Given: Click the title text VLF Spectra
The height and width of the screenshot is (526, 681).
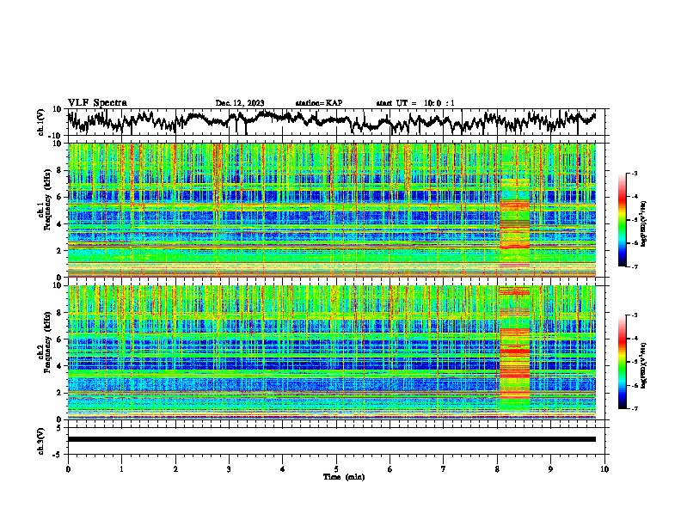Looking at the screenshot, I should (97, 102).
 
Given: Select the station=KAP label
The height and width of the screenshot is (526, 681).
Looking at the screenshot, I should (318, 103).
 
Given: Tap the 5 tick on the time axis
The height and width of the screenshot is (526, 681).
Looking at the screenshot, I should (336, 468).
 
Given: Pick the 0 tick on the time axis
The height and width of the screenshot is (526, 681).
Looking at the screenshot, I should (68, 468).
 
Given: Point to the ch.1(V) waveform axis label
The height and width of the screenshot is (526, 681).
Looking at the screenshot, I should (42, 122).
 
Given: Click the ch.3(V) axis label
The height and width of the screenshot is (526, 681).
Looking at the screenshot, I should (42, 438).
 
